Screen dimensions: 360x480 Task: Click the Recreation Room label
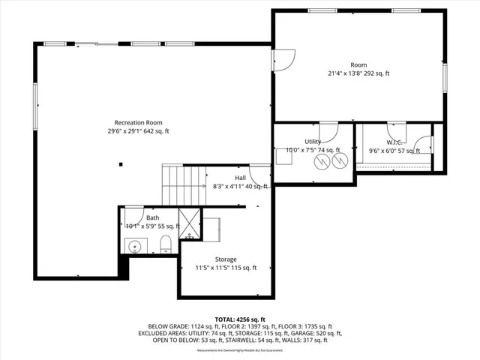tap(138, 122)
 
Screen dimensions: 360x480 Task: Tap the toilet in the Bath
tap(166, 242)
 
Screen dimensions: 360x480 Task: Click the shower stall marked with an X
tap(190, 225)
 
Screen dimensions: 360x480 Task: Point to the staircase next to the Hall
tap(184, 185)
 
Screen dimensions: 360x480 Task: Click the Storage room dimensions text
tap(226, 268)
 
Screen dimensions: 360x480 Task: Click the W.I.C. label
tap(395, 142)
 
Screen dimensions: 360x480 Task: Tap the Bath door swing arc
tap(134, 212)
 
